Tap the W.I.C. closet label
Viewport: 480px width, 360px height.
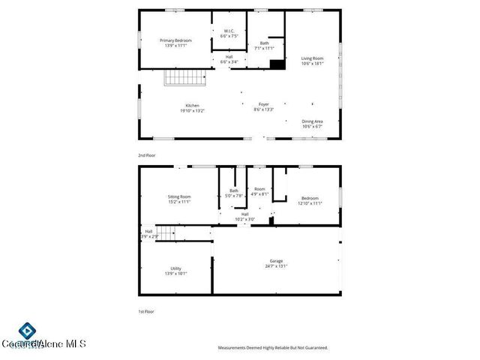tap(229, 31)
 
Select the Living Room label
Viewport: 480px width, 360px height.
tap(312, 58)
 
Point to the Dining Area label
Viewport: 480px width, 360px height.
tap(312, 121)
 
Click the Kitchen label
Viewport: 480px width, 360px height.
tap(193, 105)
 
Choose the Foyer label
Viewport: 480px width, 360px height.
tap(264, 105)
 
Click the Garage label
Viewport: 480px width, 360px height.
tap(277, 261)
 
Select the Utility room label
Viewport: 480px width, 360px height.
tap(175, 268)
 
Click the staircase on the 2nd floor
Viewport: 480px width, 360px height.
tap(184, 77)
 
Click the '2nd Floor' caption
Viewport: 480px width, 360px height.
tap(146, 155)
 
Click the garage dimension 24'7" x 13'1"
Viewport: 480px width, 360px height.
tap(277, 266)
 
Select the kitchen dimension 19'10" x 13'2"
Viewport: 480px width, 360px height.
tap(193, 111)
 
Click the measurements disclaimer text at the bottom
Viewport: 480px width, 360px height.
tap(273, 348)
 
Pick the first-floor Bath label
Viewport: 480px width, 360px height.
tap(234, 190)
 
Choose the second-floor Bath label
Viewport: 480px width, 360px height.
tap(264, 43)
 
